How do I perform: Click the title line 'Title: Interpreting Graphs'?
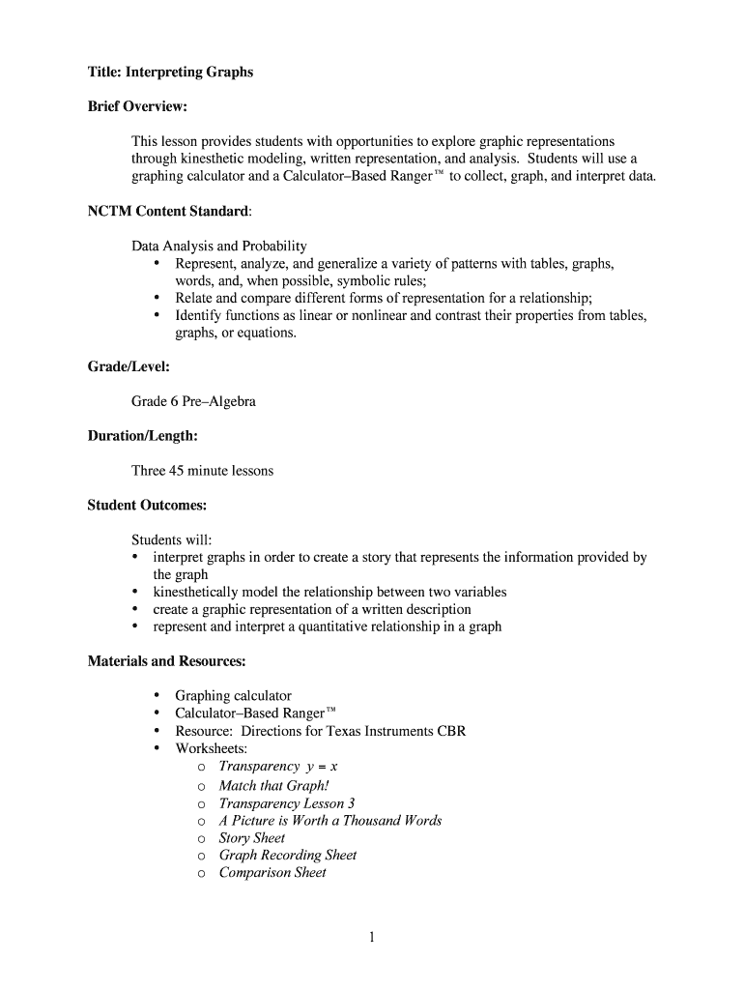click(x=170, y=73)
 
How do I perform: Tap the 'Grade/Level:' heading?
click(x=129, y=366)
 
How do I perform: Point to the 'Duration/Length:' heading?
click(x=142, y=436)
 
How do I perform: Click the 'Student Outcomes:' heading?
click(x=147, y=505)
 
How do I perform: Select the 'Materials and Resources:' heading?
click(x=166, y=661)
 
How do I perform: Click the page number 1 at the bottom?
click(x=372, y=937)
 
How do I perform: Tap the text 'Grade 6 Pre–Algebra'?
click(x=193, y=401)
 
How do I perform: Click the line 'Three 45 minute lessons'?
click(x=202, y=471)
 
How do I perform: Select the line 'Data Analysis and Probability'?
click(x=218, y=246)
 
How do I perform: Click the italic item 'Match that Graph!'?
click(x=273, y=785)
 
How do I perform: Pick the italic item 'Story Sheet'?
click(x=251, y=837)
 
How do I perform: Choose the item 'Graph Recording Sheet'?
click(x=287, y=855)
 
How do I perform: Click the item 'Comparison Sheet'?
click(x=272, y=872)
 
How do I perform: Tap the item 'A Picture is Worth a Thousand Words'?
click(x=329, y=820)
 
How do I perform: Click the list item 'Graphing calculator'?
click(x=233, y=696)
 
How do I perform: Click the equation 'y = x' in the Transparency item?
click(x=320, y=767)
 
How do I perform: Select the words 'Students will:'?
click(x=171, y=539)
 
